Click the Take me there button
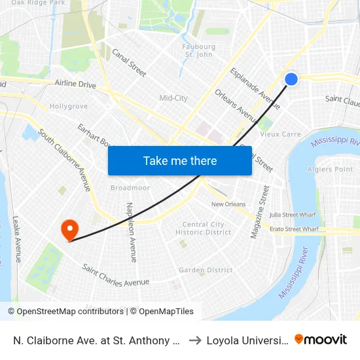(180, 160)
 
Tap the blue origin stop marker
(291, 79)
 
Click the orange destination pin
(69, 230)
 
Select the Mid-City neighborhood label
(173, 98)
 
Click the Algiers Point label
(334, 170)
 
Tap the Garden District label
(206, 270)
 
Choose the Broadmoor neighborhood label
(130, 188)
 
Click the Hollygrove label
(69, 106)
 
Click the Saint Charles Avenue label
(116, 276)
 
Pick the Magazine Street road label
(259, 211)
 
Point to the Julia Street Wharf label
(294, 214)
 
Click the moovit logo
(321, 339)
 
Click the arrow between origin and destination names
(195, 340)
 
